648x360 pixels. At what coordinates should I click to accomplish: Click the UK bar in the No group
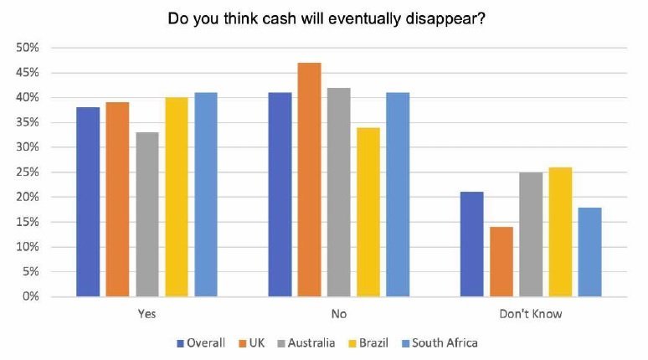(x=309, y=179)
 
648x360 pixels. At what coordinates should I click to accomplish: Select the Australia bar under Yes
(x=147, y=214)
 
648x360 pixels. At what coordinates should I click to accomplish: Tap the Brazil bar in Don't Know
(x=560, y=232)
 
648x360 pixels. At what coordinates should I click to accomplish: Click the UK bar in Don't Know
(x=501, y=261)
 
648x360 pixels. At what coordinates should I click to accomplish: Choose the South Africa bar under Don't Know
(x=589, y=252)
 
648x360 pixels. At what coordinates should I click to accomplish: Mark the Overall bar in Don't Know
(x=472, y=244)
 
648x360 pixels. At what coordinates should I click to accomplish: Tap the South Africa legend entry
(x=440, y=342)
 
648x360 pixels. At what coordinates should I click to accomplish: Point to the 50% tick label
(x=28, y=48)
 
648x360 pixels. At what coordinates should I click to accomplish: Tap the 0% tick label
(x=31, y=296)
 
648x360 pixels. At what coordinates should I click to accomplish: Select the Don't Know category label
(x=530, y=315)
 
